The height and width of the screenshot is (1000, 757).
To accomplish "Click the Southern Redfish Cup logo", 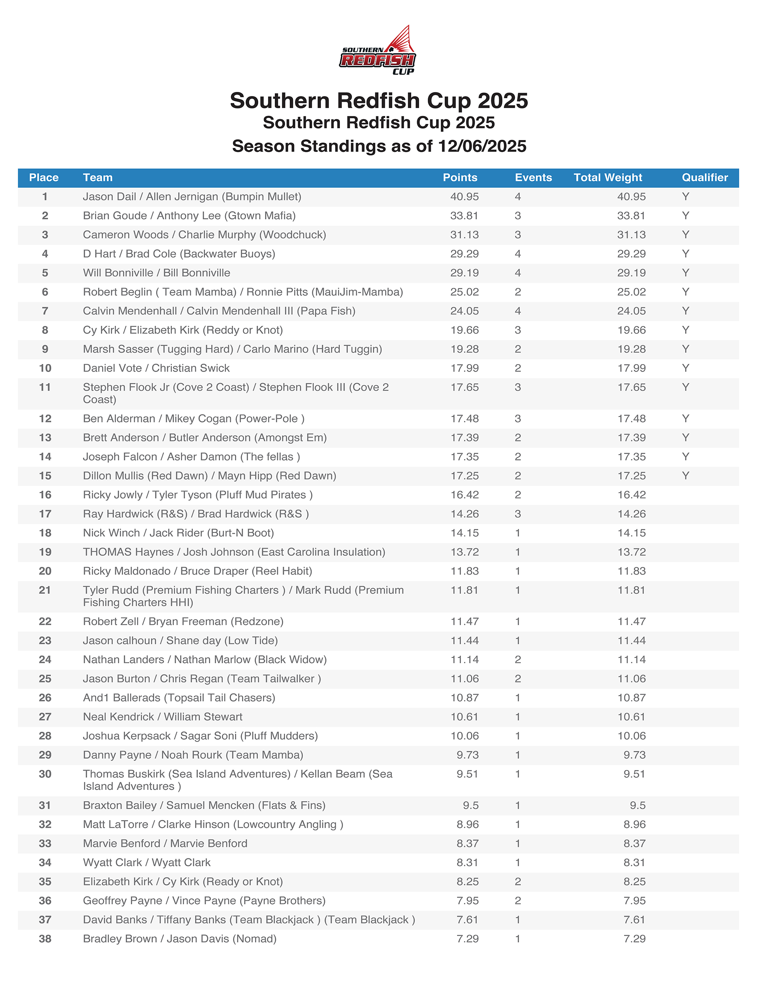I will coord(378,50).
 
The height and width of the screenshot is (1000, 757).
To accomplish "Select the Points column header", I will coord(460,178).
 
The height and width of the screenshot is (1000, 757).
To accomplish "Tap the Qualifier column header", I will coord(704,178).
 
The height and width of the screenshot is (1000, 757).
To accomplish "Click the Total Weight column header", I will coord(608,178).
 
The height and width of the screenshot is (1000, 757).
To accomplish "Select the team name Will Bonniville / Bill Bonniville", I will coord(157,273).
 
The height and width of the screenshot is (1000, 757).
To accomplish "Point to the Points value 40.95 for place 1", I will coord(464,197).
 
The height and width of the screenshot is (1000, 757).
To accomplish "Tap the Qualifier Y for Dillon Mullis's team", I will coord(685,476).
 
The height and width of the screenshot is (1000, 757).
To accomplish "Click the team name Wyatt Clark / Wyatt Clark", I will coord(146,863).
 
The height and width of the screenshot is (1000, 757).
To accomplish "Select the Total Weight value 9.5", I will coord(637,805).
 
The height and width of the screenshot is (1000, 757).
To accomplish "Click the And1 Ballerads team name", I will coord(179,697).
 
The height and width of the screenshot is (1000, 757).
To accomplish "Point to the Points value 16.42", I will coord(464,495).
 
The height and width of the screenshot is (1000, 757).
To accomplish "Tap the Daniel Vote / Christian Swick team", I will coord(156,368).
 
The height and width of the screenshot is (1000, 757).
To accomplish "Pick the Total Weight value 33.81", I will coord(631,216).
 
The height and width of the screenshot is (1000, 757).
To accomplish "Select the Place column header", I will coord(44,178).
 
